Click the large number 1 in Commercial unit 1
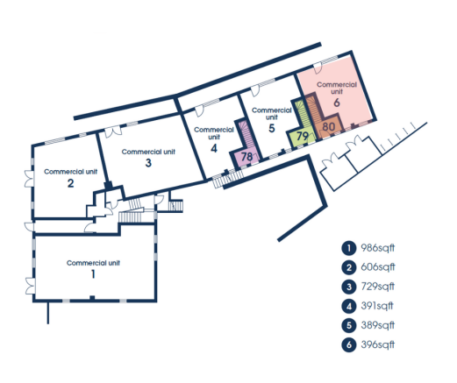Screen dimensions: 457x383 [93, 274]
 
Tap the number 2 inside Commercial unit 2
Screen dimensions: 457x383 [70, 183]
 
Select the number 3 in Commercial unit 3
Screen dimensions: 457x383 [148, 163]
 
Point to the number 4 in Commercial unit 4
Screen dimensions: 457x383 [214, 148]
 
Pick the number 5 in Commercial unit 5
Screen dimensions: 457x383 [272, 128]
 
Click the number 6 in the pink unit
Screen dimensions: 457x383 [337, 103]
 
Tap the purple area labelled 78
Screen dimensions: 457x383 [247, 157]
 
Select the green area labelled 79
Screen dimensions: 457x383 [302, 136]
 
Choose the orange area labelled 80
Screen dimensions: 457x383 [328, 127]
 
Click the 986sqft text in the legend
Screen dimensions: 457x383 [378, 248]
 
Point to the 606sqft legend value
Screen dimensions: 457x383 [378, 267]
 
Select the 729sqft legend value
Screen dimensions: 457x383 [378, 287]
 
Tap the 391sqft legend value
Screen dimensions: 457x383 [377, 306]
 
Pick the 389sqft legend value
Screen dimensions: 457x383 [378, 325]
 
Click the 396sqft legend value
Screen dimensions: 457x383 [378, 344]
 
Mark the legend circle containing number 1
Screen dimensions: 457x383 [349, 248]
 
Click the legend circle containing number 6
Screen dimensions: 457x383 [349, 344]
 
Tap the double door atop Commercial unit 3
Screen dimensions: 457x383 [113, 131]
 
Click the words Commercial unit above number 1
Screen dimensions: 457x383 [93, 263]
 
